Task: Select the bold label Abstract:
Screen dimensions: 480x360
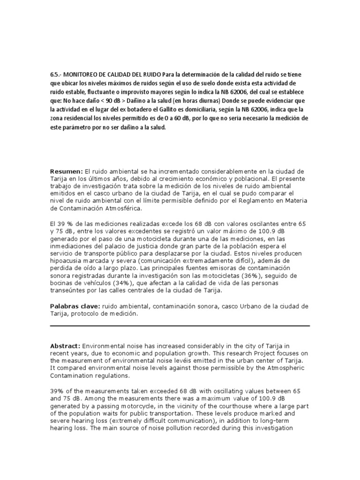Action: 66,346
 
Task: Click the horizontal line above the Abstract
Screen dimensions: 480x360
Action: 180,326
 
